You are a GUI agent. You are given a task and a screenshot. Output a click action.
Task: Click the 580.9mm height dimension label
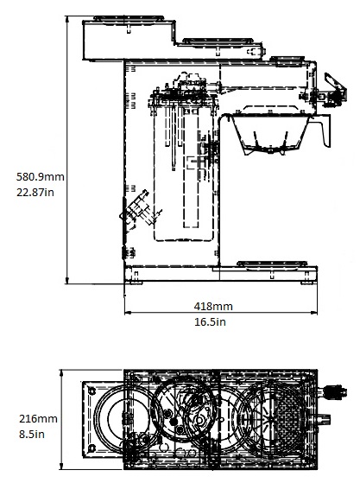[x=41, y=177]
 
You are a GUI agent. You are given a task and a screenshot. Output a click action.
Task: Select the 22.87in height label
[x=35, y=192]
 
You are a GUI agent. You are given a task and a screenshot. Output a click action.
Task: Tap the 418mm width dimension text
[x=213, y=306]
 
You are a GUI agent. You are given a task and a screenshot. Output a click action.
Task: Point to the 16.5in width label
[x=210, y=322]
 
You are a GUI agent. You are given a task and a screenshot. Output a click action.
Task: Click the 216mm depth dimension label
[x=38, y=418]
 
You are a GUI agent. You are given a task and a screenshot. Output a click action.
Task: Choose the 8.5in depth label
[x=32, y=435]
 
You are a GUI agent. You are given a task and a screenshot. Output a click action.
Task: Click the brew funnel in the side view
[x=271, y=133]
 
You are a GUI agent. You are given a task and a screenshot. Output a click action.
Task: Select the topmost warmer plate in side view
[x=129, y=18]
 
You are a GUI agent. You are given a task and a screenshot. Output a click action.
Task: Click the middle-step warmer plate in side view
[x=218, y=41]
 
